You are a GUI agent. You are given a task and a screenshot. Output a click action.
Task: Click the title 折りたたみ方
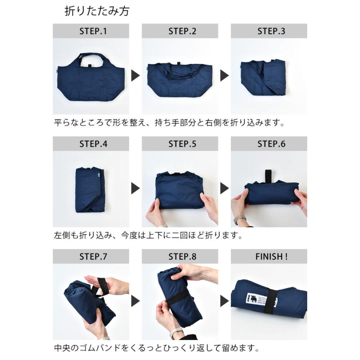pos(97,11)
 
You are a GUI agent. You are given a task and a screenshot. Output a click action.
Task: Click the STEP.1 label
pos(91,31)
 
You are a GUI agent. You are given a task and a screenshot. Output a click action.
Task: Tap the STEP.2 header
pos(180,31)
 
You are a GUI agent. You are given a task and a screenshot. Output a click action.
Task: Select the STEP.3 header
pos(269,31)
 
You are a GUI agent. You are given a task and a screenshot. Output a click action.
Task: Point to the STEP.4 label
pos(91,144)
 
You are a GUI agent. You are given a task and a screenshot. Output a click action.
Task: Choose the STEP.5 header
pos(180,144)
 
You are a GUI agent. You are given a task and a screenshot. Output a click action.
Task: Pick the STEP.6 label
pos(269,144)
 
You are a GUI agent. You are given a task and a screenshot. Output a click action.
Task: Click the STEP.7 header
pos(91,257)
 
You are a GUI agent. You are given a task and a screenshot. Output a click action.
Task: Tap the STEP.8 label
pos(180,257)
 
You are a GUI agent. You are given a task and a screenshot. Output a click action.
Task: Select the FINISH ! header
pos(269,257)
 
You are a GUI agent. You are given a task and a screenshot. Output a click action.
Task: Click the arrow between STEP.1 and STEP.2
pos(136,76)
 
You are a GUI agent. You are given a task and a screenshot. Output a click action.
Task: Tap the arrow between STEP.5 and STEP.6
pos(224,188)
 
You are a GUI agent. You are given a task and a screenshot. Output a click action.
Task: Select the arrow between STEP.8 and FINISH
pos(224,301)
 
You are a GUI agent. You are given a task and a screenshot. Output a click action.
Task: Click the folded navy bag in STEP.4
pos(90,190)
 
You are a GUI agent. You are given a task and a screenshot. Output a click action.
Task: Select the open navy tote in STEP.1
pos(91,77)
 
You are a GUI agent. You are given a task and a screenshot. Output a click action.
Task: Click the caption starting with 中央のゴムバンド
pos(156,348)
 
